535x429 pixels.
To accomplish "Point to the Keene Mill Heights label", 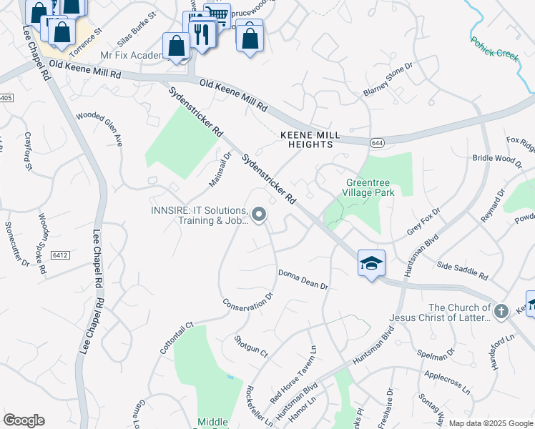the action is tap(307, 139).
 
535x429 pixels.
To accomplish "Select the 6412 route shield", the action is tap(59, 255).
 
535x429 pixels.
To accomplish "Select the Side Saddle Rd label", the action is tap(462, 270).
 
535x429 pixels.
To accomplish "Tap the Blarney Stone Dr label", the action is tap(388, 79).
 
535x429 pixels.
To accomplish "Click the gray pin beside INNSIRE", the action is tap(260, 214).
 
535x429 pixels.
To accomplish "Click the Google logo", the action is tap(24, 420).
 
